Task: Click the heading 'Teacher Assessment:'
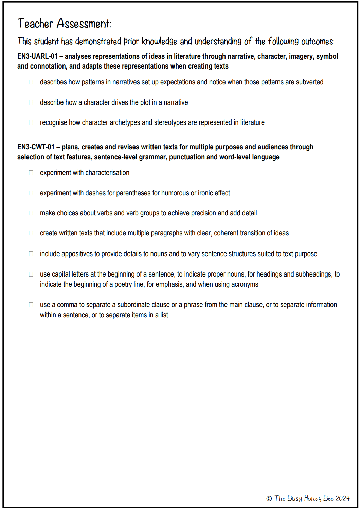[64, 23]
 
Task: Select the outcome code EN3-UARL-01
[37, 56]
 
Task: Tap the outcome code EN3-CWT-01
[36, 147]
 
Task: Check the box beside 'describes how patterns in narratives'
[31, 82]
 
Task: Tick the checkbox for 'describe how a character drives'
[31, 102]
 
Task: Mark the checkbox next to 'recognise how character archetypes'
[31, 122]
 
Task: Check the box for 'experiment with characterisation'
[31, 173]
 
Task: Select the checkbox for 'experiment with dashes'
[31, 193]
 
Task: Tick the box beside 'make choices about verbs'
[31, 213]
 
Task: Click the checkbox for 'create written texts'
[31, 233]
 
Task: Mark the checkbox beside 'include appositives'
[31, 254]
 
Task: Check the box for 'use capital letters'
[31, 274]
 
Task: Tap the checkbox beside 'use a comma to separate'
[31, 305]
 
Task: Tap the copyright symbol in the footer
[269, 498]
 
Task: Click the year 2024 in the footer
[342, 498]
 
